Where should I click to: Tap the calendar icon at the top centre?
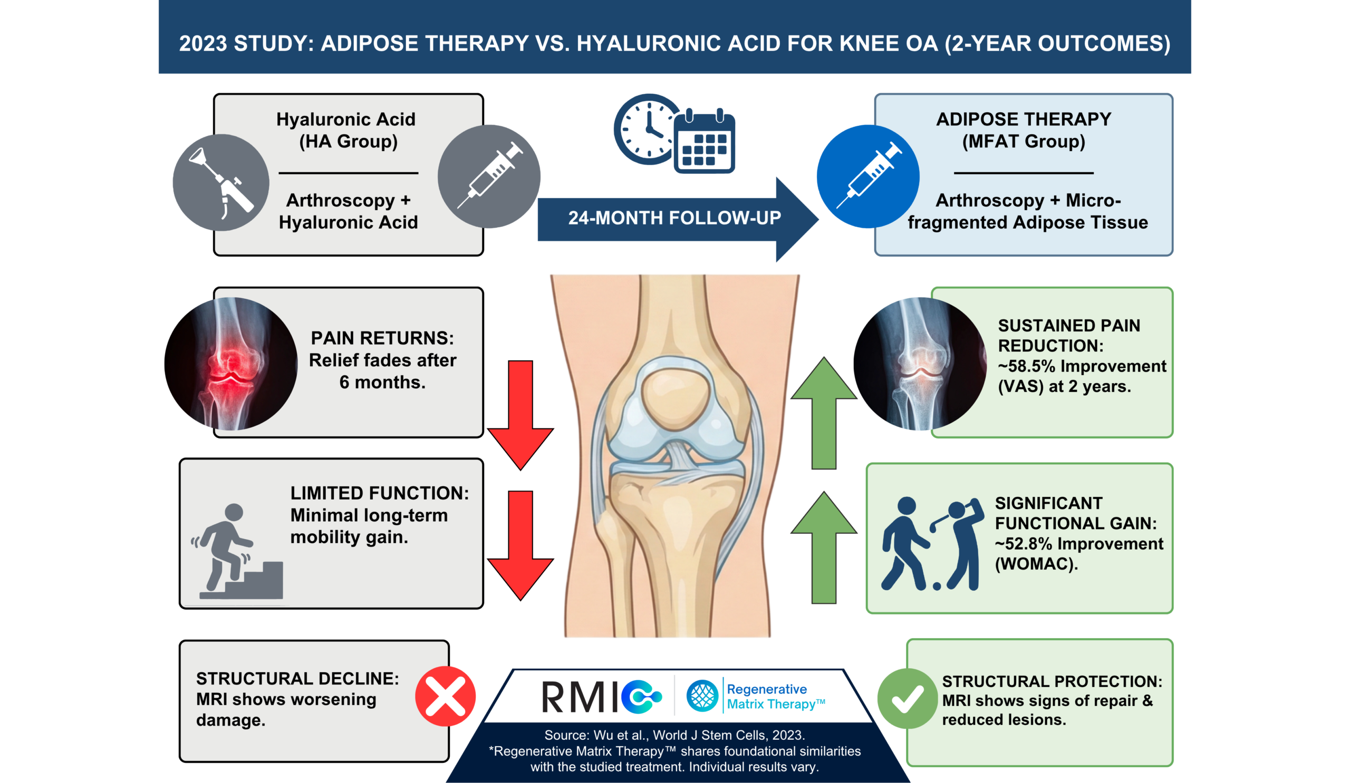pos(705,143)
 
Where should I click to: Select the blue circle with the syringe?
pos(868,177)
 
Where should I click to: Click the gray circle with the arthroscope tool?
pos(221,182)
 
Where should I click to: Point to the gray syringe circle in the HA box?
pos(488,177)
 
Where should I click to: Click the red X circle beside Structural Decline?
pos(445,696)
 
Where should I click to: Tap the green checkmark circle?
pos(907,699)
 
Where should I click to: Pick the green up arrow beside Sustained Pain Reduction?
pos(824,413)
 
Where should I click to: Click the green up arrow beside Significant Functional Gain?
pos(824,547)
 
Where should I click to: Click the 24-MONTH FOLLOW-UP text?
pos(674,218)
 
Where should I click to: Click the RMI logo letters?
pos(581,697)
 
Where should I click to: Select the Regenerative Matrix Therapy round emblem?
pos(702,696)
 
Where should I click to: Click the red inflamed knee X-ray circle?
pos(231,364)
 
